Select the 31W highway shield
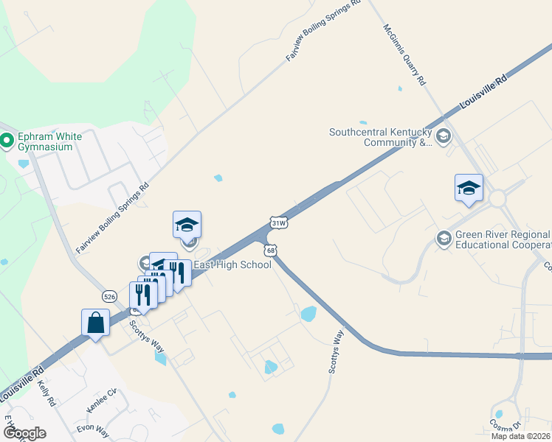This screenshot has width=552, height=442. (277, 222)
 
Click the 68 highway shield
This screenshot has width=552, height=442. (272, 251)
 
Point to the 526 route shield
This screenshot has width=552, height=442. (109, 295)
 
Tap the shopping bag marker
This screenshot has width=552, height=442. (96, 323)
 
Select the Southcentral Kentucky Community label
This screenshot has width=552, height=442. (380, 138)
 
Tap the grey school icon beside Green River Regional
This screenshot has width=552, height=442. (444, 238)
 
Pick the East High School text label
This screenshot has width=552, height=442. (232, 264)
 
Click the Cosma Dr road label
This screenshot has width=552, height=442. (506, 427)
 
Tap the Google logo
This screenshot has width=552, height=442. (24, 433)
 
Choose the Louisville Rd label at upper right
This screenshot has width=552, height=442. (483, 93)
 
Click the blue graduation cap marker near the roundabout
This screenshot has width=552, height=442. (469, 189)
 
